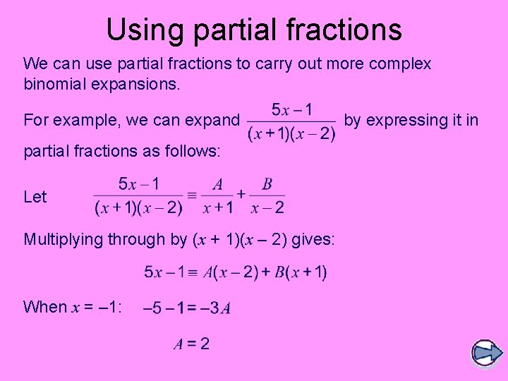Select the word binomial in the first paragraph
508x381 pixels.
(54, 85)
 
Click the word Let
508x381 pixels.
(35, 197)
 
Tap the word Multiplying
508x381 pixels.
(64, 240)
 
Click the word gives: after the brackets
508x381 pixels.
(313, 240)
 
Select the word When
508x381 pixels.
(45, 307)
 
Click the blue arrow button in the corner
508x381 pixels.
(485, 352)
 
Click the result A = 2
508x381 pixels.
(192, 344)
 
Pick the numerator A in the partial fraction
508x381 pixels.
(218, 185)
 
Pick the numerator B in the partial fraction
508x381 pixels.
(267, 185)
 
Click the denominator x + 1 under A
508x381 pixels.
(218, 207)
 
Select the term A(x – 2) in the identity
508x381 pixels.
(230, 272)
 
